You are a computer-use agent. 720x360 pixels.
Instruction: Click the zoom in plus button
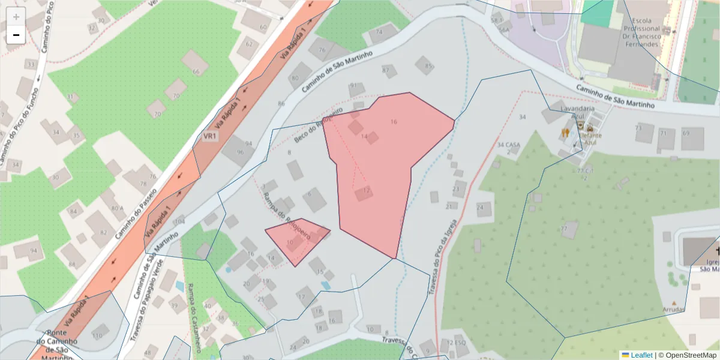point(16,17)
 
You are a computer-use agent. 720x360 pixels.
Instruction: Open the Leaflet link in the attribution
point(641,355)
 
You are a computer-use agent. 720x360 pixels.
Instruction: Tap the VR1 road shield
point(209,136)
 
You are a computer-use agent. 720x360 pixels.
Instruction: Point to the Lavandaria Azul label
point(577,112)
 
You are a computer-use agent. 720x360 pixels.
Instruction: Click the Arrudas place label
point(674,310)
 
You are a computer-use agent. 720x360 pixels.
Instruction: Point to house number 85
point(427,66)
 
